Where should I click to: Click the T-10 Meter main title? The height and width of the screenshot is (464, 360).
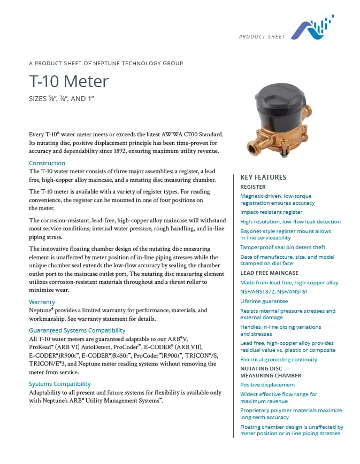tap(69, 81)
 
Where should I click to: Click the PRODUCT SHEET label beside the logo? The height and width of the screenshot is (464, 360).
tap(262, 36)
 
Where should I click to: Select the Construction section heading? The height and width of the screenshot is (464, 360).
tap(47, 163)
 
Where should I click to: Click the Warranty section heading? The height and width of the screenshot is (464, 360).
tap(42, 302)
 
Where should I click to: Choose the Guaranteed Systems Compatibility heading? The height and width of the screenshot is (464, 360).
tap(77, 330)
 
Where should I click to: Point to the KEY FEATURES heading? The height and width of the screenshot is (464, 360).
tap(263, 177)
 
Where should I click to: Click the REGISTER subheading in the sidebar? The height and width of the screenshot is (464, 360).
tap(253, 187)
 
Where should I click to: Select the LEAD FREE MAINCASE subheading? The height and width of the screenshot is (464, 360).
tap(270, 273)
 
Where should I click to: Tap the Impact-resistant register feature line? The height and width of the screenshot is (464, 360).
tap(271, 212)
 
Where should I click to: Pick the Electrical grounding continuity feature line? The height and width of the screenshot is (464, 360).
tap(279, 360)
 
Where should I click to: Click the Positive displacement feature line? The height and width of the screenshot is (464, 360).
tap(267, 384)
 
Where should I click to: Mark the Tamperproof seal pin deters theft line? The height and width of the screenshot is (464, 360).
tap(283, 247)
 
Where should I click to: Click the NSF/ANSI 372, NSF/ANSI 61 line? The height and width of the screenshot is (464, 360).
tap(274, 292)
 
